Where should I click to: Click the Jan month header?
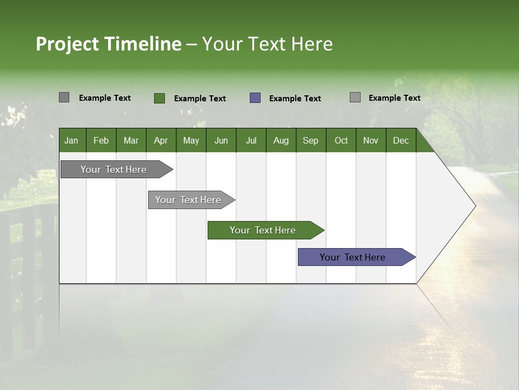click(x=72, y=140)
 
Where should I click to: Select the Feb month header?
click(x=101, y=140)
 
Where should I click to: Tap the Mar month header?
click(x=131, y=140)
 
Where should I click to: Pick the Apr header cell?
click(x=161, y=140)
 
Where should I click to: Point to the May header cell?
click(x=191, y=140)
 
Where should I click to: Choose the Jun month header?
click(x=221, y=140)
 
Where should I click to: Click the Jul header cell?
click(x=251, y=140)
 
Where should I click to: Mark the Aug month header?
click(x=281, y=140)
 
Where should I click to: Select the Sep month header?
click(x=311, y=140)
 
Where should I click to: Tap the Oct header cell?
click(x=341, y=140)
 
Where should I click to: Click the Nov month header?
click(x=371, y=140)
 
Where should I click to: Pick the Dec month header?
click(x=401, y=140)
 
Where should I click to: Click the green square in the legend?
click(x=159, y=98)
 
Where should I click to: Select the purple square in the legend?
click(x=255, y=98)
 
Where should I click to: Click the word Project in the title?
click(x=68, y=44)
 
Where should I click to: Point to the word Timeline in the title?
click(x=143, y=44)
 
